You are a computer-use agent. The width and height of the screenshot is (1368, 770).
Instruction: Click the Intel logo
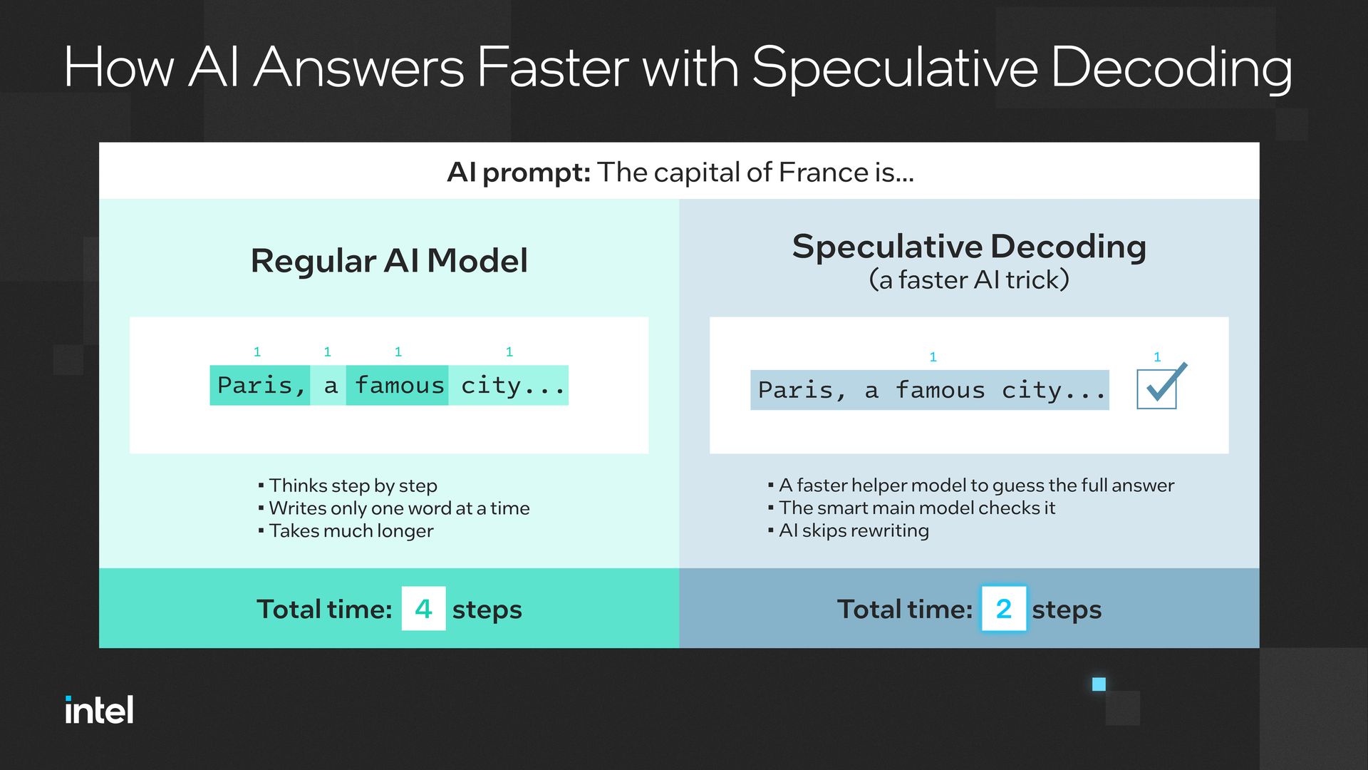coord(99,710)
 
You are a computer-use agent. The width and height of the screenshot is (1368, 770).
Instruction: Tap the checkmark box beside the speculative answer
coord(1157,389)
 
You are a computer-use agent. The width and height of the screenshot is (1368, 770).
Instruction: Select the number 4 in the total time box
coord(423,609)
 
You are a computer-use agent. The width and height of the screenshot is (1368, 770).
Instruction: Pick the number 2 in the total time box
coord(1003,609)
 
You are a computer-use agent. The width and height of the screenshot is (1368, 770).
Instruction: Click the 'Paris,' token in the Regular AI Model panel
coord(260,386)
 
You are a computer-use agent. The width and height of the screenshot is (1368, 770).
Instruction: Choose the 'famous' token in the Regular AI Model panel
coord(398,386)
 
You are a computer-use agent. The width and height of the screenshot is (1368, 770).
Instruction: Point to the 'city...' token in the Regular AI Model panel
coord(509,386)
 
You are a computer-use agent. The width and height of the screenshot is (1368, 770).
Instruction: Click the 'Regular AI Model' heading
coord(389,261)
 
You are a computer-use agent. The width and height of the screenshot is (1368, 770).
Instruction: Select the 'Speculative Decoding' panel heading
coord(969,247)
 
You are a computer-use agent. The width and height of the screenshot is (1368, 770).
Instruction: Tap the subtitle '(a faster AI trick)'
coord(969,280)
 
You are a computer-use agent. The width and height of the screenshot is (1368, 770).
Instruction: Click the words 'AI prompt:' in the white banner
coord(519,173)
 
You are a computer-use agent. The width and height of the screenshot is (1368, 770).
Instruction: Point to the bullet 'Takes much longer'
coord(346,531)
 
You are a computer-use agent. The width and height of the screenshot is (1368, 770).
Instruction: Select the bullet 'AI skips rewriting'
coord(849,530)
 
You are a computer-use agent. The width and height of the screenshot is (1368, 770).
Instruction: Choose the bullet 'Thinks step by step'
coord(348,486)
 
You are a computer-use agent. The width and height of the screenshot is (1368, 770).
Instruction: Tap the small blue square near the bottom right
coord(1099,684)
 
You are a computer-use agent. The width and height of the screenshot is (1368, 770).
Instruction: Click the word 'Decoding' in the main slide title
coord(1171,68)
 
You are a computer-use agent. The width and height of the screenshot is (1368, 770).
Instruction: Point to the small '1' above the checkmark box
coord(1157,357)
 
